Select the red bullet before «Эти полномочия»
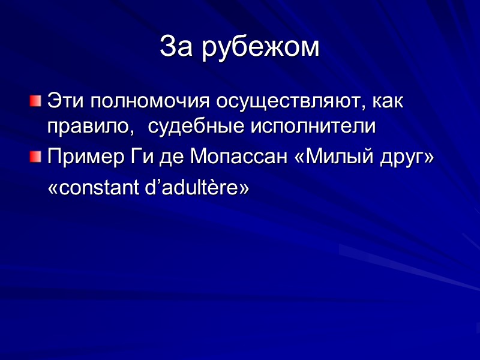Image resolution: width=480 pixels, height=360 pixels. (x=36, y=100)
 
